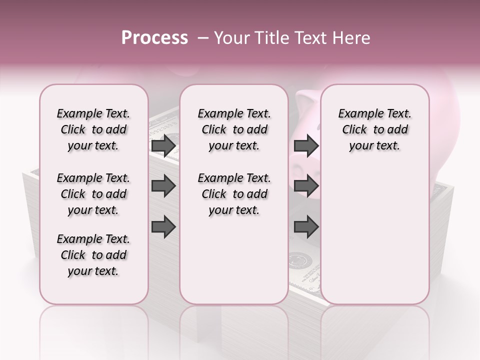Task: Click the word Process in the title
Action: [154, 38]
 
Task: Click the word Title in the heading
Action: [270, 38]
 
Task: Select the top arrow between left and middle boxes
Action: [163, 146]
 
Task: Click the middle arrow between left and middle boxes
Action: [163, 186]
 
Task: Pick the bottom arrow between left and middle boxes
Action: [163, 227]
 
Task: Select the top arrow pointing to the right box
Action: [306, 146]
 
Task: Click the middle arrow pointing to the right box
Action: [306, 186]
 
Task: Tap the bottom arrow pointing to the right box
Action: [306, 227]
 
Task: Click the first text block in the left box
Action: [93, 129]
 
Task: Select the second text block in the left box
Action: [93, 194]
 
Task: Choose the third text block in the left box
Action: [93, 255]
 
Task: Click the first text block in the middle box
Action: [234, 129]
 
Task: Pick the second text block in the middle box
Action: [234, 194]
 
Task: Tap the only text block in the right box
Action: [374, 129]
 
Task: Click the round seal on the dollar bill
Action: [300, 260]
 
